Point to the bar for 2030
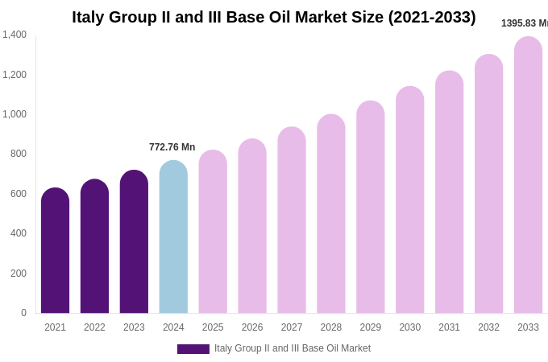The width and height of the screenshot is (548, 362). [409, 200]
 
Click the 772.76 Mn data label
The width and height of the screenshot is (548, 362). [172, 147]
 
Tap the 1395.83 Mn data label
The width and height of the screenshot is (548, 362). [524, 23]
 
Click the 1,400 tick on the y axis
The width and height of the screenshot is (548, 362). [15, 35]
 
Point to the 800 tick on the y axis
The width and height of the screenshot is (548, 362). [19, 154]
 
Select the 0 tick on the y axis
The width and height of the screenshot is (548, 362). [23, 313]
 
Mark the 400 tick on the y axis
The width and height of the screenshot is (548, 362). [19, 233]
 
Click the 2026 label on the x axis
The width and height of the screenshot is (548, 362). [252, 327]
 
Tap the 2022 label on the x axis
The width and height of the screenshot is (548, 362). [94, 327]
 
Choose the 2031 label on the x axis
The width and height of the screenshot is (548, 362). [449, 327]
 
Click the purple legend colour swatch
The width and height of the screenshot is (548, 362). [193, 349]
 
